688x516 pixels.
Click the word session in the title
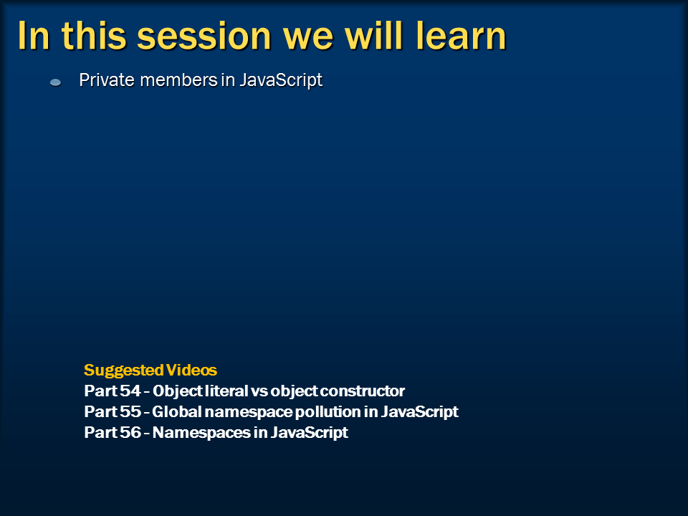[204, 37]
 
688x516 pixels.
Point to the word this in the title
[94, 36]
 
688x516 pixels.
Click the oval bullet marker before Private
[56, 82]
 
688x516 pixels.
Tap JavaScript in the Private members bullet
[281, 81]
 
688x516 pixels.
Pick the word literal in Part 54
[226, 391]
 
